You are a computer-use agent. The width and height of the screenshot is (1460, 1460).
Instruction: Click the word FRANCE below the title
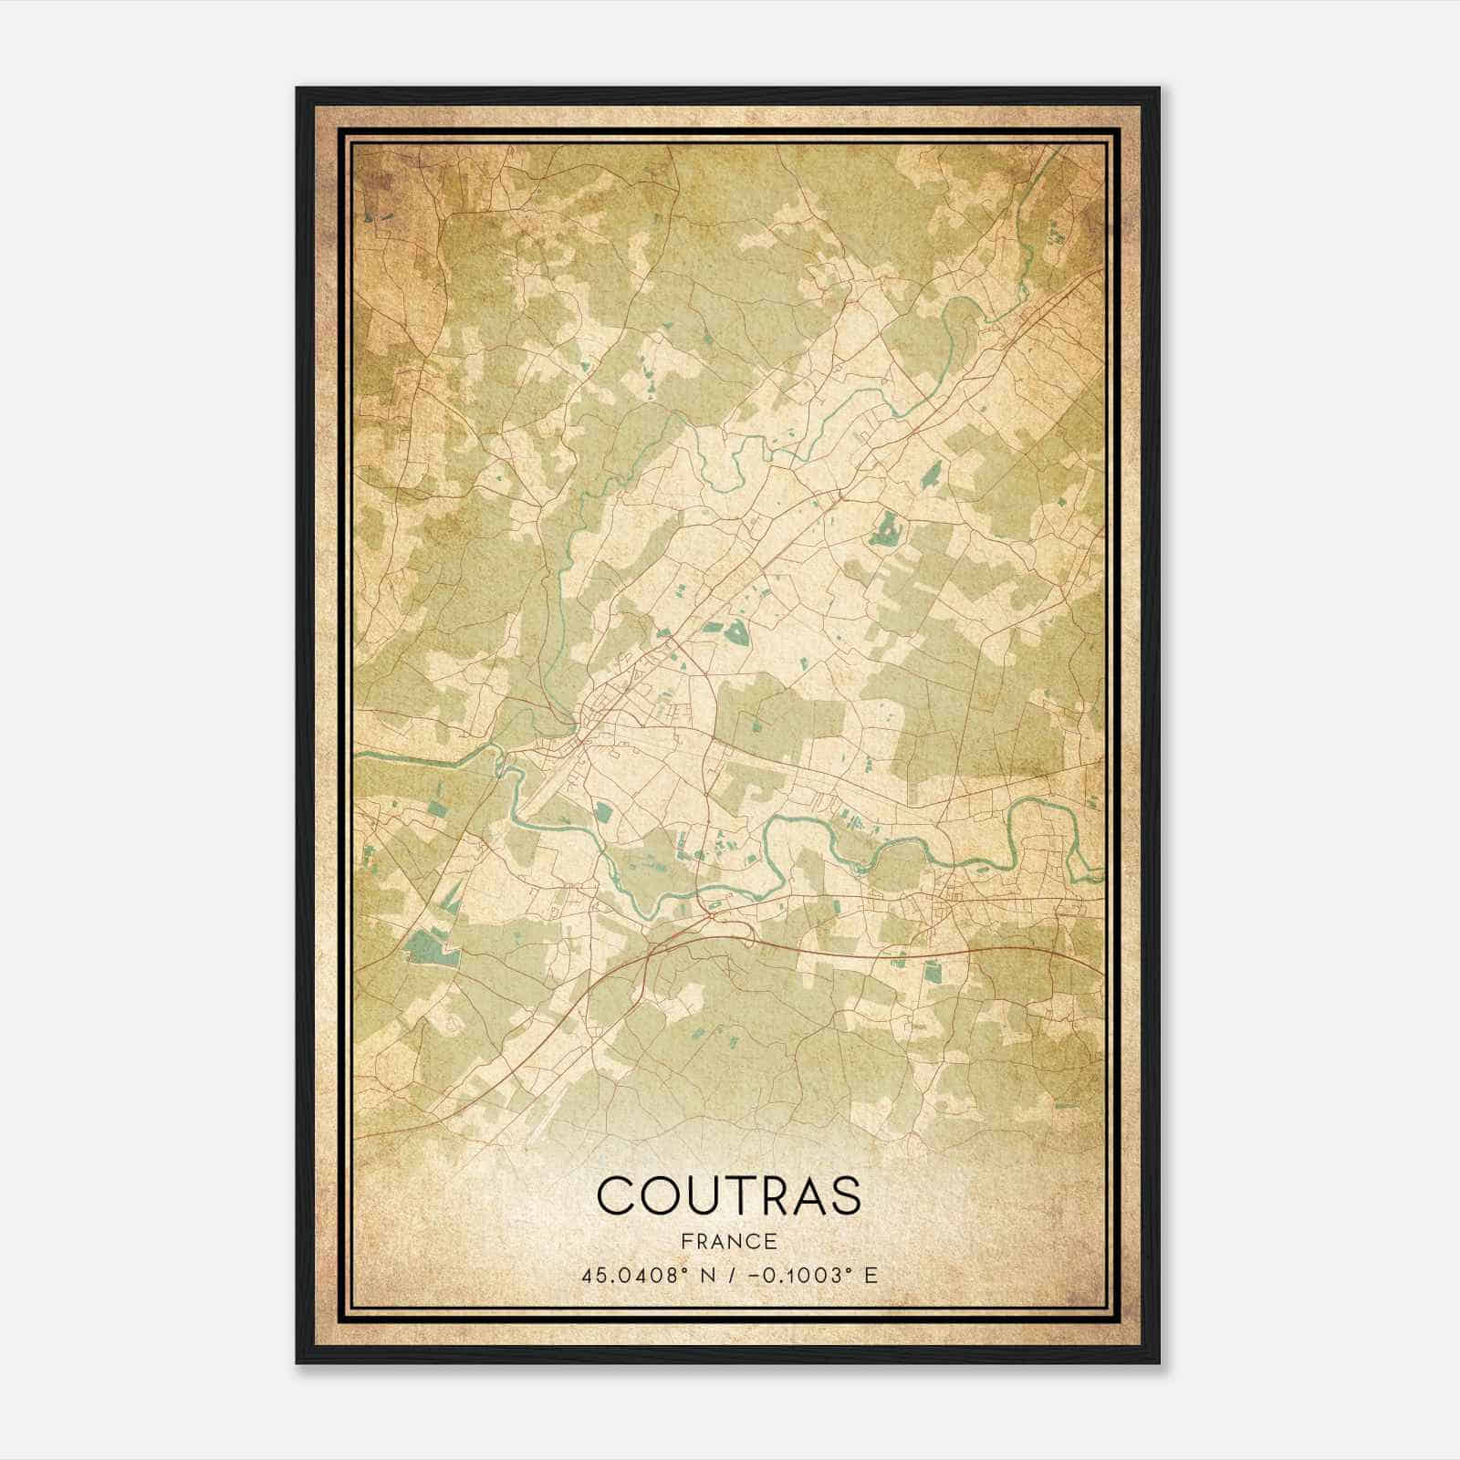pos(728,1241)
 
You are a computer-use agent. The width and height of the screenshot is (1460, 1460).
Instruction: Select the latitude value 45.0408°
pos(632,1276)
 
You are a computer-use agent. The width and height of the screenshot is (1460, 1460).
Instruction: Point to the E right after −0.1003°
pos(871,1276)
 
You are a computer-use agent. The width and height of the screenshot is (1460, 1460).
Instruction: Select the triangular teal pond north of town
pos(735,631)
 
